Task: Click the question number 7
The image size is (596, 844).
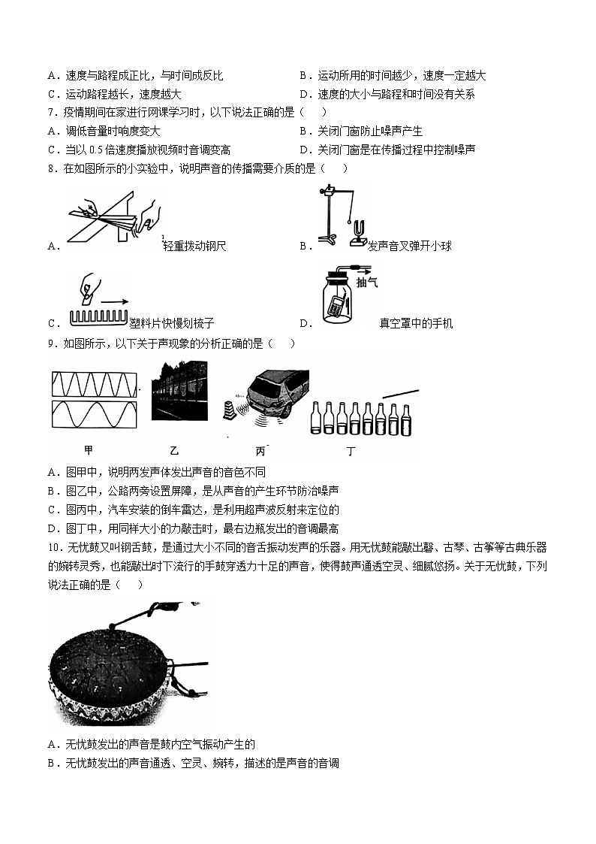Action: coord(50,113)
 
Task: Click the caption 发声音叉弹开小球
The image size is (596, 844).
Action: coord(410,246)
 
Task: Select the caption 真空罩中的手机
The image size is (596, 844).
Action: coord(416,324)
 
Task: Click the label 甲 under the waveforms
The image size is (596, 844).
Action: coord(89,450)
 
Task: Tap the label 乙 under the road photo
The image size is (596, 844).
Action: coord(174,450)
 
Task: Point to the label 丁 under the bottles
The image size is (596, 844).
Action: coord(351,451)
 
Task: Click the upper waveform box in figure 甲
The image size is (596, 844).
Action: coord(94,384)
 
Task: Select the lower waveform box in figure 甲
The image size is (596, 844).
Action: coord(94,415)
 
